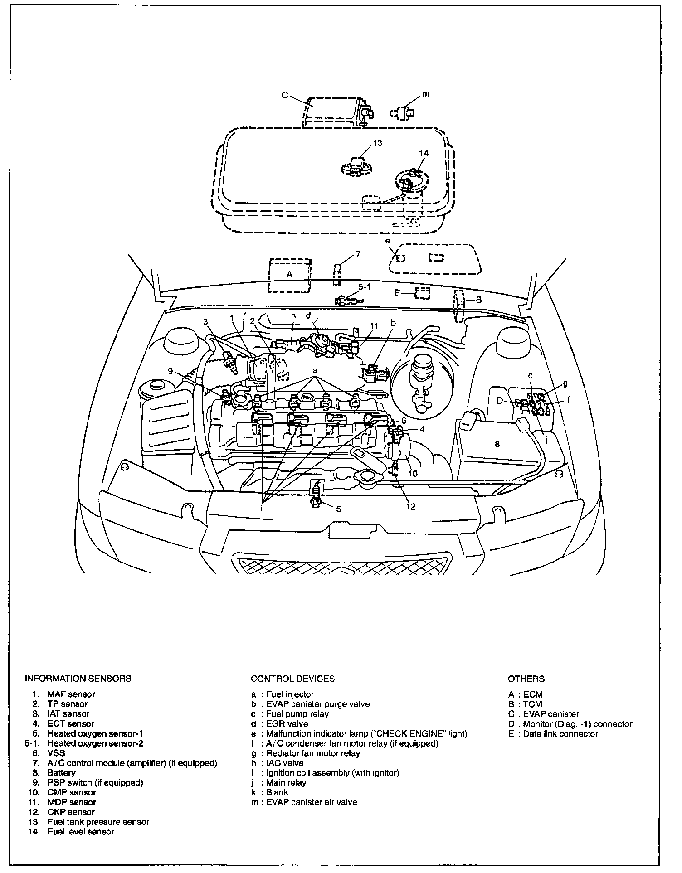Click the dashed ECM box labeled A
click(289, 275)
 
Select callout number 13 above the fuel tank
click(377, 143)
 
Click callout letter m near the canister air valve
click(425, 94)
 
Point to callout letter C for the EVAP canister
click(285, 95)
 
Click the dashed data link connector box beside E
click(423, 293)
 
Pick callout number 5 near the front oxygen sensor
click(338, 509)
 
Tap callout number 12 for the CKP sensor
click(410, 507)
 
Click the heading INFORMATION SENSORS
click(78, 679)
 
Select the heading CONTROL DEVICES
click(292, 679)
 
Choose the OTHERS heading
click(526, 679)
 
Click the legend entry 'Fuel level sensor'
click(81, 831)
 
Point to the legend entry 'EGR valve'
click(287, 724)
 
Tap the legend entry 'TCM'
click(532, 704)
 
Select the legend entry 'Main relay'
click(286, 782)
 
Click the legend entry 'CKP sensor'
click(71, 812)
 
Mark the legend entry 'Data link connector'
click(560, 733)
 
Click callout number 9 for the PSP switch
click(170, 371)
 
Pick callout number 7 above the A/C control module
click(358, 254)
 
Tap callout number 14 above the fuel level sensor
click(424, 153)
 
